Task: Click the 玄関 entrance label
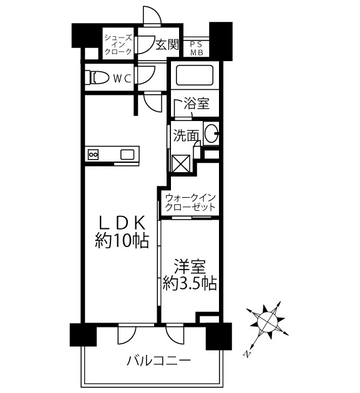[167, 44]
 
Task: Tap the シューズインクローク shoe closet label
[118, 44]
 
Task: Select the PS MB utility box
[196, 48]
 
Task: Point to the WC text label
[122, 79]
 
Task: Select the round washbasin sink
[211, 132]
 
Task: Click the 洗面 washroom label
[186, 133]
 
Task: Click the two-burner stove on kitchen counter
[94, 154]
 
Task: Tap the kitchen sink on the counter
[127, 154]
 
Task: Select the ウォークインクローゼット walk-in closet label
[190, 202]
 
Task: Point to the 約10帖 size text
[122, 241]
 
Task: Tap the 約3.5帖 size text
[190, 284]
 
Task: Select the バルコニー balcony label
[158, 361]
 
